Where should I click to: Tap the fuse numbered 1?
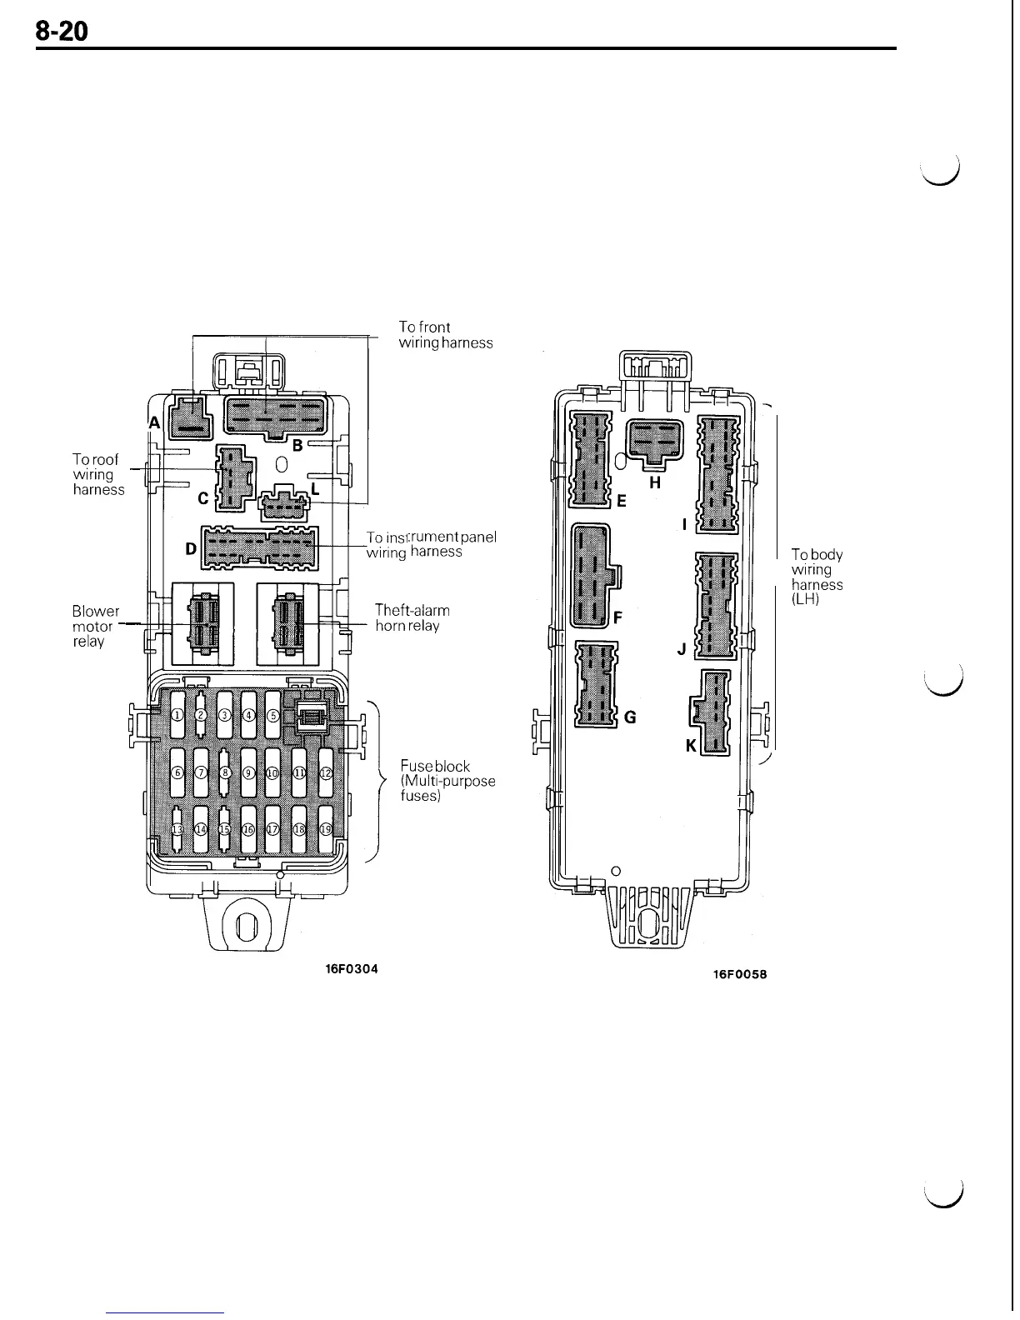(x=177, y=716)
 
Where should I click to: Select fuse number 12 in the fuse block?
(x=327, y=772)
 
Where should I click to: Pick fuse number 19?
(x=327, y=829)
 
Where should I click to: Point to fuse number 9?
(x=248, y=772)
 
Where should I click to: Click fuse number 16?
(x=248, y=829)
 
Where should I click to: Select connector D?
(x=259, y=548)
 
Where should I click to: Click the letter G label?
(x=630, y=717)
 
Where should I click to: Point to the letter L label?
(x=314, y=488)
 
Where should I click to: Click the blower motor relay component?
(x=202, y=624)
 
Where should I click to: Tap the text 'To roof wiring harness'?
(x=98, y=474)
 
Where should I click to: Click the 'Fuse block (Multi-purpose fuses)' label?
(x=447, y=781)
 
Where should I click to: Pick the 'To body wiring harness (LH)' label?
(x=817, y=577)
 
